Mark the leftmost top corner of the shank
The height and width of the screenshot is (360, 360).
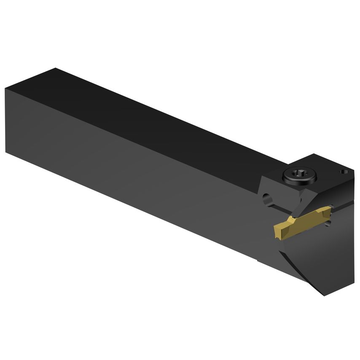[5, 88]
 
